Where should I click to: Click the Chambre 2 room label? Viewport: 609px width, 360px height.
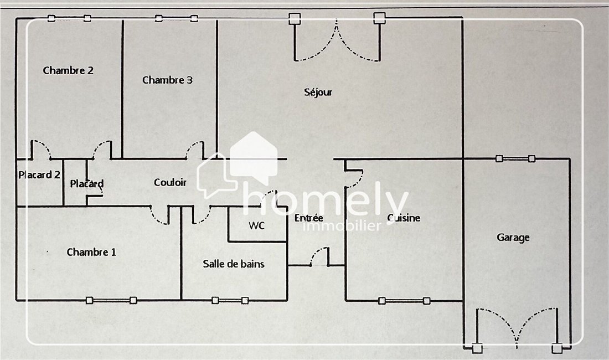point(68,70)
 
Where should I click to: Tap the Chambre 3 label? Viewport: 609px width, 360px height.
point(167,80)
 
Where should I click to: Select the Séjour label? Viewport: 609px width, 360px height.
point(318,92)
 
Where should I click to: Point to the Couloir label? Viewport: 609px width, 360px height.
point(170,182)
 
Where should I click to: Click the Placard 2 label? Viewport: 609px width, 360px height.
point(39,175)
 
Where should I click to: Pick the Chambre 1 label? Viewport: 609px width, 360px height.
point(91,252)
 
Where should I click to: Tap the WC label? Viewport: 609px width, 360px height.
point(257,225)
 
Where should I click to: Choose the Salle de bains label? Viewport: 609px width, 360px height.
point(234,264)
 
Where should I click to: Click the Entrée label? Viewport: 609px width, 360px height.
point(309,218)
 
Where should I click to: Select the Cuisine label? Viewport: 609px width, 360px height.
point(404,218)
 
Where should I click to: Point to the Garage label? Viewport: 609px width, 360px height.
point(513,238)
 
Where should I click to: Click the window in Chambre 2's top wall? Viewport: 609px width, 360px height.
point(69,18)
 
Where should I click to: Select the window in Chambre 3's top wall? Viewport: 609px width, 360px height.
point(176,18)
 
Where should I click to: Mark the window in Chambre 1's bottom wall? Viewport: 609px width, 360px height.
point(111,300)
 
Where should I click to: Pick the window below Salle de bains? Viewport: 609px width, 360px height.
point(230,300)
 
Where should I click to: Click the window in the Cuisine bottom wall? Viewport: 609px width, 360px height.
point(404,301)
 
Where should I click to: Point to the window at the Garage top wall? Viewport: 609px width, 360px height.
point(515,158)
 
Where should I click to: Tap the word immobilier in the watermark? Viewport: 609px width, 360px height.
point(342,226)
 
